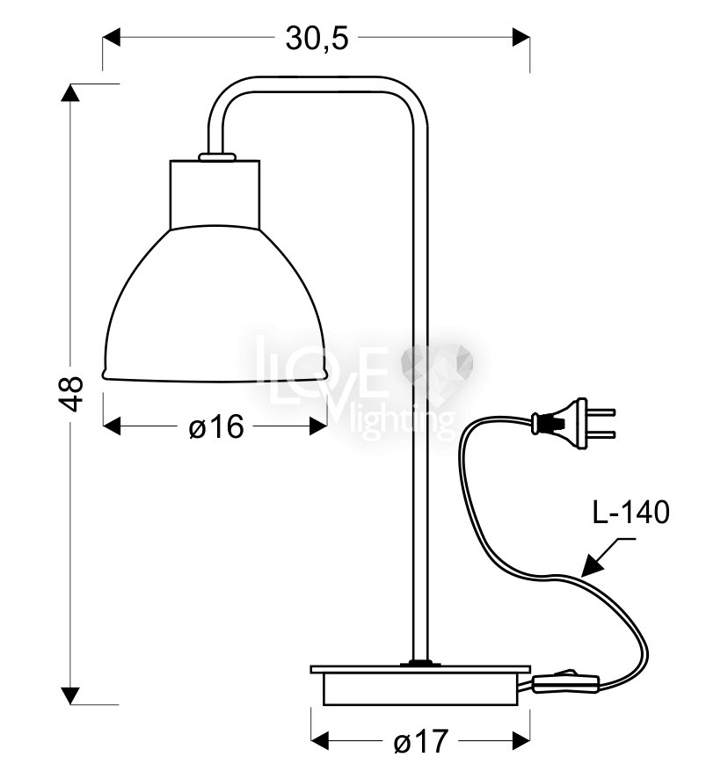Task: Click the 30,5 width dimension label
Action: coord(317,39)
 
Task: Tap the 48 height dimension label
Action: coord(71,394)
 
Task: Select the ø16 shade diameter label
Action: coord(216,426)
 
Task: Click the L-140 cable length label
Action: coord(631,513)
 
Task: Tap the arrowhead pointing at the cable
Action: coord(593,565)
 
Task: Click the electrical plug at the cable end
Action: coord(573,424)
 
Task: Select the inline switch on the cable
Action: coord(566,682)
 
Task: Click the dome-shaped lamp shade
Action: coord(215,304)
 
